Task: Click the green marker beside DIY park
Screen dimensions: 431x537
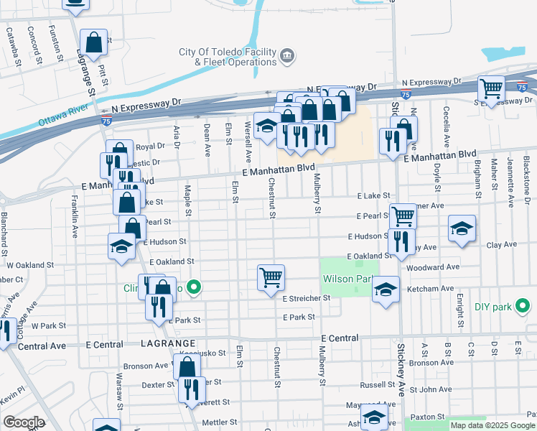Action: click(523, 307)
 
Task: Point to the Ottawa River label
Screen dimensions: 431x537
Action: click(63, 116)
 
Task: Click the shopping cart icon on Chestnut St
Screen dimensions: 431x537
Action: click(271, 277)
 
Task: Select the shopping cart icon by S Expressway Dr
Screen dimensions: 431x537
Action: click(492, 89)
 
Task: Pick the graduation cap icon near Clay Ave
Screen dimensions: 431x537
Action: click(462, 229)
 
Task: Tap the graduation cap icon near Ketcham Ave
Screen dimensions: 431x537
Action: click(386, 289)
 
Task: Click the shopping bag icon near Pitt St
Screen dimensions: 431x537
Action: click(94, 42)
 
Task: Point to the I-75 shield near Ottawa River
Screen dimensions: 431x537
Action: click(106, 122)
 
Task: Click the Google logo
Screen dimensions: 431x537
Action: click(23, 422)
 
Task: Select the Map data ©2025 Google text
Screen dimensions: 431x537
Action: click(492, 425)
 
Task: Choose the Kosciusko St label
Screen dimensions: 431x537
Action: click(207, 353)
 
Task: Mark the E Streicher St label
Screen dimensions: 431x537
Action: click(307, 297)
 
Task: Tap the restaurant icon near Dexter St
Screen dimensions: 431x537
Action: click(192, 389)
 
